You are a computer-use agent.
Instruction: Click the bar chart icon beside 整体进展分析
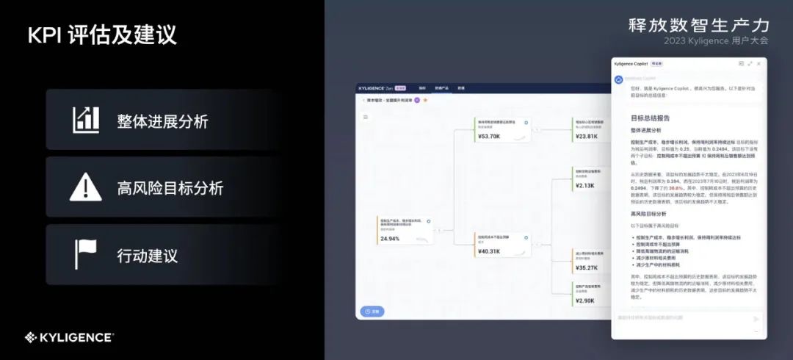[x=86, y=120]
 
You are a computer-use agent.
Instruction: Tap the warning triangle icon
[x=86, y=187]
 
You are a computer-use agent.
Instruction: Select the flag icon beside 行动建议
[x=86, y=254]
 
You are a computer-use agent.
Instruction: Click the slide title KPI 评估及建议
[x=102, y=36]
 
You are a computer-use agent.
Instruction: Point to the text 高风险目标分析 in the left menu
[x=170, y=188]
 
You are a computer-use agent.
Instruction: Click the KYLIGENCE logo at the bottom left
[x=69, y=337]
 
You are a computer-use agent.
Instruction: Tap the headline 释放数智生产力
[x=698, y=25]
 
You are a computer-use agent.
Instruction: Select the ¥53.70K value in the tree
[x=489, y=137]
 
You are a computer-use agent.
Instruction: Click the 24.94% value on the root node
[x=390, y=239]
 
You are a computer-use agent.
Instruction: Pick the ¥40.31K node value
[x=489, y=251]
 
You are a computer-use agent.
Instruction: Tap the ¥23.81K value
[x=586, y=137]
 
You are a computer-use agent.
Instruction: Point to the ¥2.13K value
[x=584, y=186]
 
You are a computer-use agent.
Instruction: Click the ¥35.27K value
[x=586, y=268]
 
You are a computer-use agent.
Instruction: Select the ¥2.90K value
[x=584, y=301]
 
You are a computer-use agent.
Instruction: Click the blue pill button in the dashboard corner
[x=372, y=312]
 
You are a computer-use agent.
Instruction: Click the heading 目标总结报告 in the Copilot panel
[x=650, y=118]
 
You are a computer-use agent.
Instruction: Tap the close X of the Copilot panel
[x=758, y=64]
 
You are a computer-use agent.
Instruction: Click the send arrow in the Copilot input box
[x=756, y=319]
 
